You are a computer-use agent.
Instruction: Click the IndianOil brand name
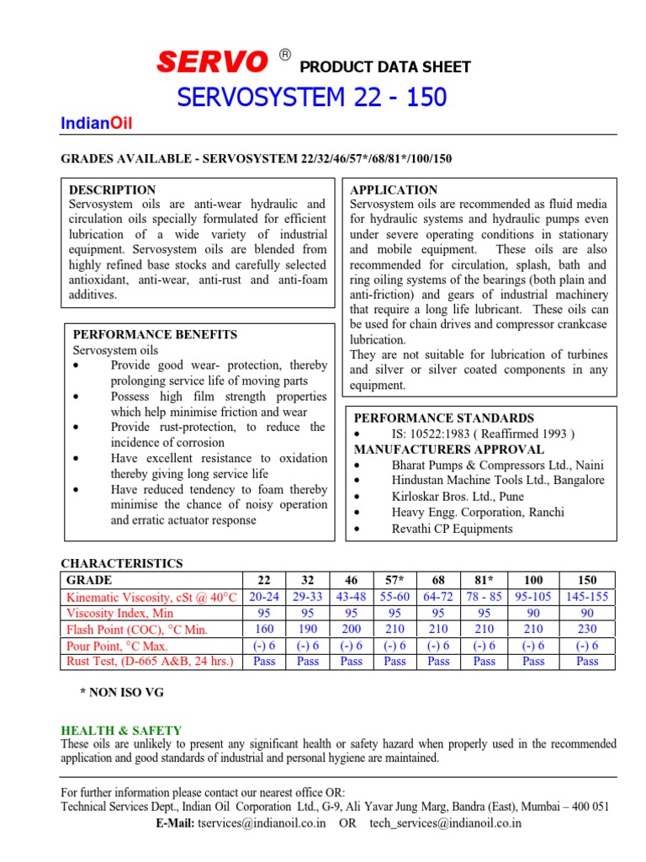coord(97,125)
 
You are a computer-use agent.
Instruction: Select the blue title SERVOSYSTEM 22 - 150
coord(312,98)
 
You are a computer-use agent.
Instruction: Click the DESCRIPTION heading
coord(112,189)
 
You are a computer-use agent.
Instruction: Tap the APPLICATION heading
coord(394,189)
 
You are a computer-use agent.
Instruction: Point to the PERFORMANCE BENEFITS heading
coord(156,334)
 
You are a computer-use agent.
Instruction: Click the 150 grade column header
coord(587,580)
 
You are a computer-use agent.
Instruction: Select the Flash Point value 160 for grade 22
coord(264,630)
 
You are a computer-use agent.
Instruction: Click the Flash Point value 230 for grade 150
coord(587,630)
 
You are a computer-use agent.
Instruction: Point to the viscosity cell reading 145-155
coord(587,597)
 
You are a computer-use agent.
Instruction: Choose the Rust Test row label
coord(149,662)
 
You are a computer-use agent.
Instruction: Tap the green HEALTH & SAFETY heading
coord(121,731)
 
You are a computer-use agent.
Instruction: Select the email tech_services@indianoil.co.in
coord(446,823)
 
